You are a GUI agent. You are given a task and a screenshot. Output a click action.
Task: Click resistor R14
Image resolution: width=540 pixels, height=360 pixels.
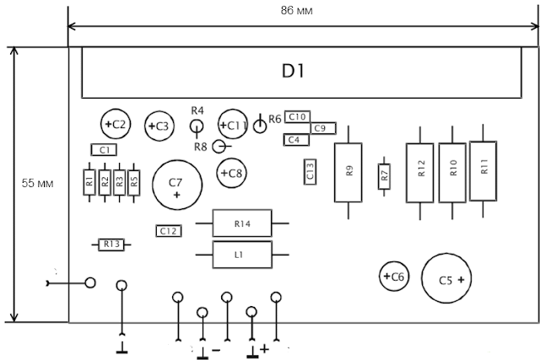242,223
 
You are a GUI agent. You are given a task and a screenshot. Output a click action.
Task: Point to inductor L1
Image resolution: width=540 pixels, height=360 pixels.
242,255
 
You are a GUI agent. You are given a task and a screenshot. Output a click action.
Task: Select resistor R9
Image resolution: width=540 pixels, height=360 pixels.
348,173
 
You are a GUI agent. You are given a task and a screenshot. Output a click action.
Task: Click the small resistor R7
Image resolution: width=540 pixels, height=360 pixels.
385,176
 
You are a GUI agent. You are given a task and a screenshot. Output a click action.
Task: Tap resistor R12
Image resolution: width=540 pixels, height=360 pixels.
420,173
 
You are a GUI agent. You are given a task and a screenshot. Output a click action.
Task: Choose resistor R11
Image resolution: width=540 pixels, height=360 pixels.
483,170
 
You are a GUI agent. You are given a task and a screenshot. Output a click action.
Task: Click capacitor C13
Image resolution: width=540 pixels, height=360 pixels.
310,172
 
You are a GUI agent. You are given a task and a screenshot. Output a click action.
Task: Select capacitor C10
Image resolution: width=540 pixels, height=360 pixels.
297,117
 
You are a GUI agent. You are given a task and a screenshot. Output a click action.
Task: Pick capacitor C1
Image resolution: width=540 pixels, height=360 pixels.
104,150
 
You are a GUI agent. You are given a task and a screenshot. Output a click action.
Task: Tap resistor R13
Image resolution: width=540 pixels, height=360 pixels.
111,244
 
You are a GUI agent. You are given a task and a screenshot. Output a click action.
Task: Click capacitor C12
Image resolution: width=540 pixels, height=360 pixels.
169,231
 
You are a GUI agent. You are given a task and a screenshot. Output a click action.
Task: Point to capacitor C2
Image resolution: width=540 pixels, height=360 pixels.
116,124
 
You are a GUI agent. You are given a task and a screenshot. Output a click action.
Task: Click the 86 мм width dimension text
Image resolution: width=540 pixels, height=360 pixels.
296,11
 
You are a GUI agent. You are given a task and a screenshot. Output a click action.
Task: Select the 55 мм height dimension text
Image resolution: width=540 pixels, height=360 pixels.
37,183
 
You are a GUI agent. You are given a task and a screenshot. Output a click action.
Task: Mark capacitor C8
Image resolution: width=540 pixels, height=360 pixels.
232,173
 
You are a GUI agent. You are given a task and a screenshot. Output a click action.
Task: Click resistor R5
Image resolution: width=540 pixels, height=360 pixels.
133,183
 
